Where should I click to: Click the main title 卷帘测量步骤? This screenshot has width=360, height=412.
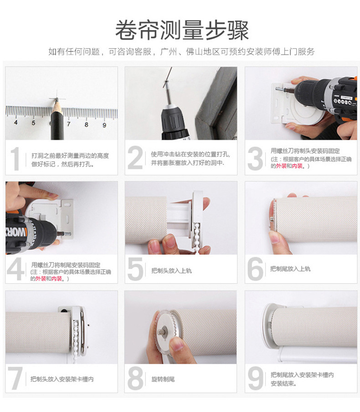pyautogui.click(x=182, y=30)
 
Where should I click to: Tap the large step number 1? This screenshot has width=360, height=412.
pyautogui.click(x=15, y=159)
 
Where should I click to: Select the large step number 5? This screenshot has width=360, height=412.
pyautogui.click(x=135, y=269)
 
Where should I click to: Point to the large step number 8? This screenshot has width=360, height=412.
pyautogui.click(x=135, y=378)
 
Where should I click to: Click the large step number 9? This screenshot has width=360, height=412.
pyautogui.click(x=256, y=378)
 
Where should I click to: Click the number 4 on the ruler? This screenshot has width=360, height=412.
pyautogui.click(x=16, y=122)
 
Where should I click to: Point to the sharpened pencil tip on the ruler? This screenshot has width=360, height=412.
pyautogui.click(x=57, y=101)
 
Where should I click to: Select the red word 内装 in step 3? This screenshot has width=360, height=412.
pyautogui.click(x=297, y=166)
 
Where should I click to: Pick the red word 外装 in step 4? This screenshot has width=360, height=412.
pyautogui.click(x=41, y=279)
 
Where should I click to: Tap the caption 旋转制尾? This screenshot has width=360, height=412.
pyautogui.click(x=163, y=379)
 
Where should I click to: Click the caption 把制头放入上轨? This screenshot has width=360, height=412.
pyautogui.click(x=171, y=270)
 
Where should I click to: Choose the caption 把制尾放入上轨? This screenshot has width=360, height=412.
pyautogui.click(x=290, y=269)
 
